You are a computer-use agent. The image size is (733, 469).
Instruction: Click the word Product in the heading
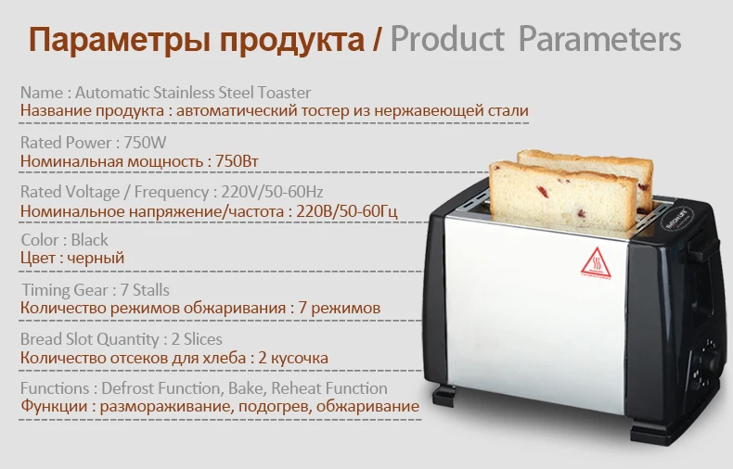447,39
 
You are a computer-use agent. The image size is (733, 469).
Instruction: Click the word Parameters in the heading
599,39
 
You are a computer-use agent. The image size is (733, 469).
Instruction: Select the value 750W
145,142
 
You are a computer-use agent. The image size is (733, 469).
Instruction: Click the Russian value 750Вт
237,161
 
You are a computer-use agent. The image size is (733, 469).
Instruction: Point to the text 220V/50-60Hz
272,192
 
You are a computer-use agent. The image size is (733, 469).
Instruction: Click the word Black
89,240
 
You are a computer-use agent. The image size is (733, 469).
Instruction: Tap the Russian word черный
96,258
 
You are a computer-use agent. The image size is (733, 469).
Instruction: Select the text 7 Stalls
145,289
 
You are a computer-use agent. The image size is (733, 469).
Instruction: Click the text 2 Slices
197,339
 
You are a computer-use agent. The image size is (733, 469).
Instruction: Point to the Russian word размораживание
166,406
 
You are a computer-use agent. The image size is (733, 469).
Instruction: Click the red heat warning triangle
596,263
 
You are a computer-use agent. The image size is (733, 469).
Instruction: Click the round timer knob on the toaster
707,362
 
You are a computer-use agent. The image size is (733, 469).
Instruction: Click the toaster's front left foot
444,395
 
